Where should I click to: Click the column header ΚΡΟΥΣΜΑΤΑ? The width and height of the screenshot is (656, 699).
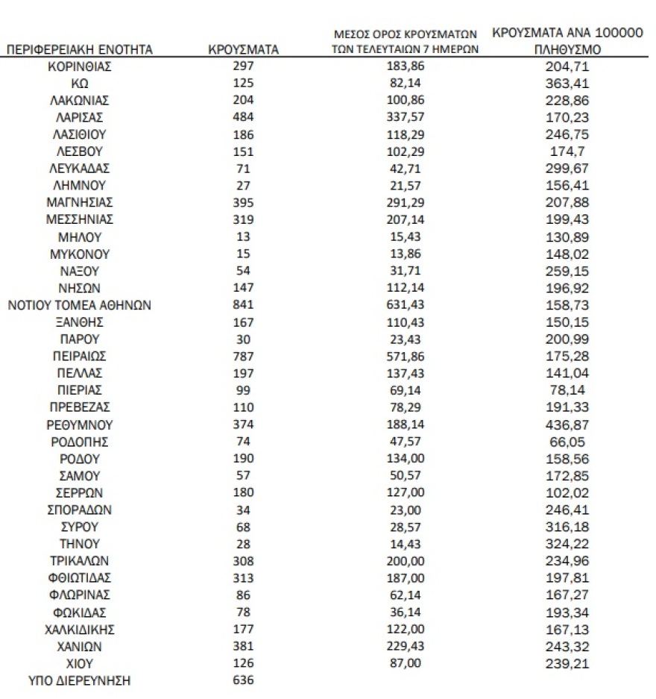coord(243,50)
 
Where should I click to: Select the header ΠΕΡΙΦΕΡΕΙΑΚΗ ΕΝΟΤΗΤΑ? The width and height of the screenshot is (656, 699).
coord(79,50)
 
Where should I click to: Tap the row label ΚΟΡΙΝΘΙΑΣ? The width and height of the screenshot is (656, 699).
coord(79,67)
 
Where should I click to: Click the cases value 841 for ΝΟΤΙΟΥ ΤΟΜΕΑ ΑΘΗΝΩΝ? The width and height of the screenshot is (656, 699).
coord(243,304)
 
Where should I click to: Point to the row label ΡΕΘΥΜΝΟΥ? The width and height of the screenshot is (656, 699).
coord(79,424)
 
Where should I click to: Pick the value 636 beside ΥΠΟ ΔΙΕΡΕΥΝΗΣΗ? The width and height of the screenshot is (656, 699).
coord(243,680)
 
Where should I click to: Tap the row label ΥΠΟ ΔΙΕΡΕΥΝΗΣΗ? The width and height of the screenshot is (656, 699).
coord(79,680)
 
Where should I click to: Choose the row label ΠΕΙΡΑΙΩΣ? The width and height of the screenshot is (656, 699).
coord(79,356)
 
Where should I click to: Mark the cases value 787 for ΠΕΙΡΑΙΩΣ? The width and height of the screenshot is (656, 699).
coord(243,356)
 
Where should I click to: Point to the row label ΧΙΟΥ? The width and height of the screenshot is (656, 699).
coord(79,663)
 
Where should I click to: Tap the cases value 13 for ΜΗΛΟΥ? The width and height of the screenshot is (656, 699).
coord(243,236)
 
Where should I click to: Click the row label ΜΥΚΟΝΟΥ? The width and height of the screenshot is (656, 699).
coord(79,254)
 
